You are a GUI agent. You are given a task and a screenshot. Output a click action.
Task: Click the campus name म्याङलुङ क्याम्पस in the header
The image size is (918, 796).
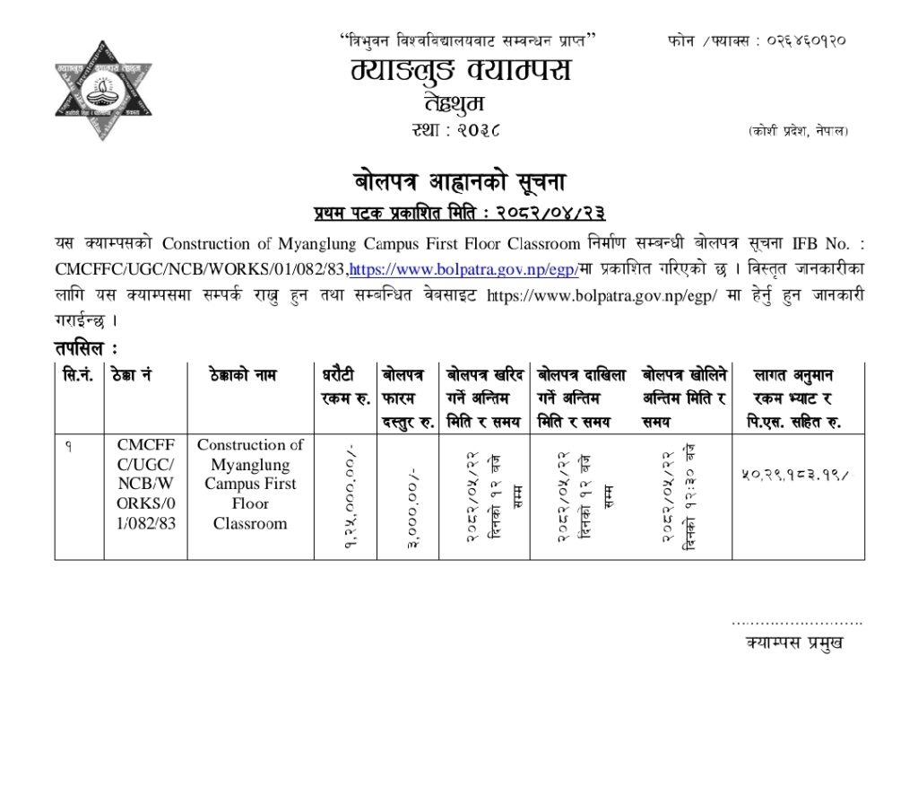pyautogui.click(x=461, y=70)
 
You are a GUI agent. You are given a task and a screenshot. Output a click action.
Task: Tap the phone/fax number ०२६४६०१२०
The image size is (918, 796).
pyautogui.click(x=789, y=40)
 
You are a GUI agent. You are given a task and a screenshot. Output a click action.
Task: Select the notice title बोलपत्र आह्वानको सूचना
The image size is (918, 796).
pyautogui.click(x=460, y=181)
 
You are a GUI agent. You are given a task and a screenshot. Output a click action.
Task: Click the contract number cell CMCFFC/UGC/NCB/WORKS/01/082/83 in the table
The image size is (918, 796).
pyautogui.click(x=145, y=484)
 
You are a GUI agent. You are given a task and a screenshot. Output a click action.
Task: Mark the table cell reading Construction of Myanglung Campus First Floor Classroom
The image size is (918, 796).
pyautogui.click(x=250, y=484)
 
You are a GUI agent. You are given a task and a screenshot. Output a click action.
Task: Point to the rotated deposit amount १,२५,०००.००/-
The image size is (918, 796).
pyautogui.click(x=348, y=497)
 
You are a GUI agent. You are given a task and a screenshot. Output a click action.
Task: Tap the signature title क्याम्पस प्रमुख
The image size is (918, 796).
pyautogui.click(x=794, y=643)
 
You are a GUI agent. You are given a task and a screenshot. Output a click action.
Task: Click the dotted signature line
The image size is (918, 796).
pyautogui.click(x=797, y=621)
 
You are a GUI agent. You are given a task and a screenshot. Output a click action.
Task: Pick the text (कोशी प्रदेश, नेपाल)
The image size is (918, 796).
pyautogui.click(x=798, y=132)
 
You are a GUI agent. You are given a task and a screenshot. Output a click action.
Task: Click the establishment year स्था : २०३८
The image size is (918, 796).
pyautogui.click(x=460, y=130)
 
